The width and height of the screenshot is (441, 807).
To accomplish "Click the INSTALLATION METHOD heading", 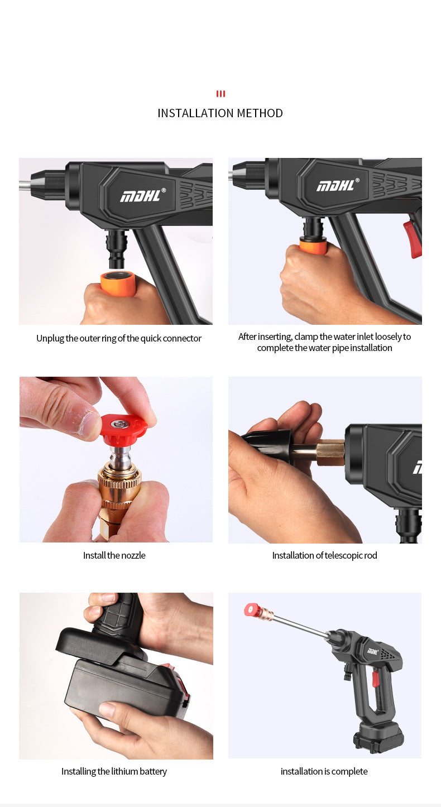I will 220,113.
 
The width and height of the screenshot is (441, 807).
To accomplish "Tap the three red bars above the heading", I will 220,94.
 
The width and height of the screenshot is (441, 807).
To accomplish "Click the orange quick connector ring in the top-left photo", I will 118,283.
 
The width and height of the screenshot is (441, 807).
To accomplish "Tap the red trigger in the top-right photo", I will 413,238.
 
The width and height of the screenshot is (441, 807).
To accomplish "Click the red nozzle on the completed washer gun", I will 253,610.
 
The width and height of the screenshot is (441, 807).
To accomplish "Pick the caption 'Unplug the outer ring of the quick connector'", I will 119,338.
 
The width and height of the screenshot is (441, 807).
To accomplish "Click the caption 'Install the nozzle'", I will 114,555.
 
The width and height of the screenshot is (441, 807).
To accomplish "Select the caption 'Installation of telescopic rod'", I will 324,555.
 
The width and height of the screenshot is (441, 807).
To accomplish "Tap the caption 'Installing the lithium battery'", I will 114,771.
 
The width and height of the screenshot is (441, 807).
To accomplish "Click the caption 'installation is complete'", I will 324,771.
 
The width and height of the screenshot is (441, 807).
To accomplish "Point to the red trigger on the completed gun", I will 376,678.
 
